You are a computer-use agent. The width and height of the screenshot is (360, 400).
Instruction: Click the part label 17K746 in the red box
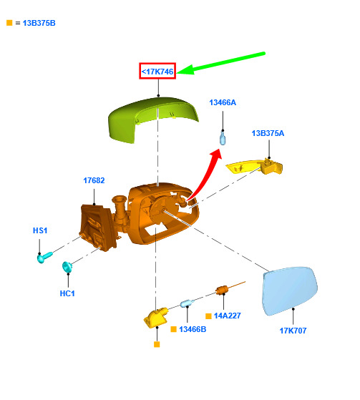[x=157, y=72]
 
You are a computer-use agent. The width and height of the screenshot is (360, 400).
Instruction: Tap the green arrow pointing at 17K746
[x=221, y=63]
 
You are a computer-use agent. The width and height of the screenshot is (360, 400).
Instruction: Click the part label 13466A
[x=223, y=102]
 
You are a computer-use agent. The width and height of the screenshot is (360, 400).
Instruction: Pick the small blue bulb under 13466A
[x=223, y=138]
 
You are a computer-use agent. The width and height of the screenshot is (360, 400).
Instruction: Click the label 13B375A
[x=268, y=133]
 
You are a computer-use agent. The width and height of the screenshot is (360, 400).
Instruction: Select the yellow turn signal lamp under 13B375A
[x=254, y=167]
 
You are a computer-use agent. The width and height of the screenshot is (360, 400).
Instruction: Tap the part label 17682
[x=94, y=180]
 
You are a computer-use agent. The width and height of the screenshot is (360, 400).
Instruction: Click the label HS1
[x=40, y=230]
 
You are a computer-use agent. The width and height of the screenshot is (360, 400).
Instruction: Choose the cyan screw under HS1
[x=44, y=257]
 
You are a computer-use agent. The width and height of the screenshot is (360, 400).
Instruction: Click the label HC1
[x=67, y=293]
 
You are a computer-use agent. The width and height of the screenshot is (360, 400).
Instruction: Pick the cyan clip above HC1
[x=67, y=267]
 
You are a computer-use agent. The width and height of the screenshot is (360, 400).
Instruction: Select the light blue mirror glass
[x=290, y=291]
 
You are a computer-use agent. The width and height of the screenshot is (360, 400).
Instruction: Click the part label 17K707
[x=293, y=331]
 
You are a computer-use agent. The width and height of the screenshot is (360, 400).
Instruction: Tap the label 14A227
[x=228, y=316]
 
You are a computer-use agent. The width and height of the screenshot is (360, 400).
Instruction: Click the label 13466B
[x=193, y=329]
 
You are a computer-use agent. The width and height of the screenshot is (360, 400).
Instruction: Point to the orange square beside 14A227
[x=208, y=316]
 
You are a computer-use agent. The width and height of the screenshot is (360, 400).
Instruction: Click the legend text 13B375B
[x=39, y=23]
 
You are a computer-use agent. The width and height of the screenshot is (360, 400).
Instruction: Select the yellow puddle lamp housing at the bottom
[x=156, y=317]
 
